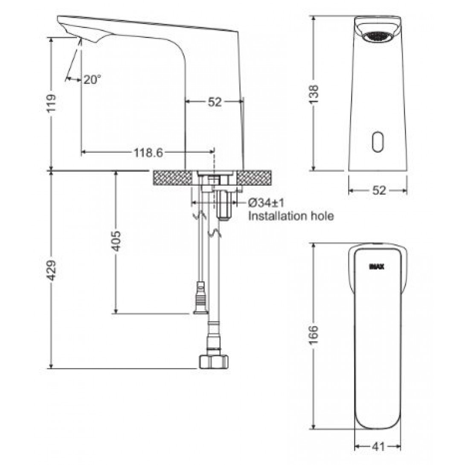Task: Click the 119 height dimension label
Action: coord(51,102)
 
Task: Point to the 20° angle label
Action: coord(92,79)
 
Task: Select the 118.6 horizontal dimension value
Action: coord(145,152)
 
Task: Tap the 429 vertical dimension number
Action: coord(51,270)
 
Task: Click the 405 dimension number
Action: coord(116,241)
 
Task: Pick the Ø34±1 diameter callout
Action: coord(267,202)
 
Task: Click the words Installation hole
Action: coord(291,216)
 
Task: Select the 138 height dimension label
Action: coord(314,94)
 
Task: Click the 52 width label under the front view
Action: coord(378,190)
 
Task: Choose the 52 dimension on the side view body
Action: coord(215,102)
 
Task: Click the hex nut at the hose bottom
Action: coord(213,361)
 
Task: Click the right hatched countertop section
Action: coord(254,177)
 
